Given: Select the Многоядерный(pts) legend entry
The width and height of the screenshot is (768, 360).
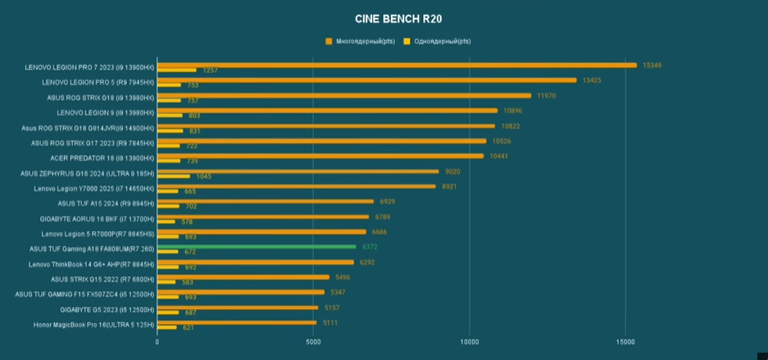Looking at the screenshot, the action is click(360, 42).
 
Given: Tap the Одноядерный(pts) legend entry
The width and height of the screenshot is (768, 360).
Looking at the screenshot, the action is click(437, 42).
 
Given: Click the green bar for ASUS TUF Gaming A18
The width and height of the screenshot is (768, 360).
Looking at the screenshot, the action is click(257, 247).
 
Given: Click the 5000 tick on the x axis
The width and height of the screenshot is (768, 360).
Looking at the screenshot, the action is click(313, 341).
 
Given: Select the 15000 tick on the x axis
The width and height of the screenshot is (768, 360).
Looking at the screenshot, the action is click(625, 341).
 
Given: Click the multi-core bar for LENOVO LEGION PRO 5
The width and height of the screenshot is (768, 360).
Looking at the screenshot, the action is click(367, 80).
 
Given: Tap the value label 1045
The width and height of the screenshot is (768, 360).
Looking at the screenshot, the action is click(204, 176).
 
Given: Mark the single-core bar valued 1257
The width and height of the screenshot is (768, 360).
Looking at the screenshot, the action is click(177, 70).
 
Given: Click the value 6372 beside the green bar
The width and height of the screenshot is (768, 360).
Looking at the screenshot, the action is click(370, 247).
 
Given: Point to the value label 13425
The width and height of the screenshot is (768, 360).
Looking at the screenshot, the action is click(592, 80).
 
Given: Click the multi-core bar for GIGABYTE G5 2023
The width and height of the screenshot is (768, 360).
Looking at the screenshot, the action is click(238, 308).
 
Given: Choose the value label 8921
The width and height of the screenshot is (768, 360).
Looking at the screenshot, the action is click(448, 187).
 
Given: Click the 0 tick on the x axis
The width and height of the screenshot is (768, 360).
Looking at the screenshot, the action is click(157, 341).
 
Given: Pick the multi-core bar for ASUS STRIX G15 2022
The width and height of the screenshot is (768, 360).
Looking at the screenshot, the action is click(243, 277).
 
